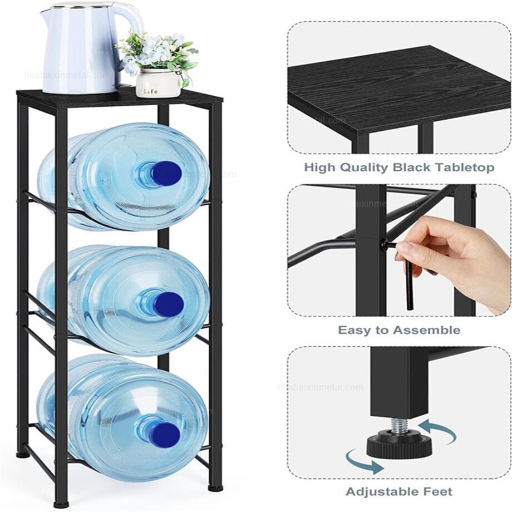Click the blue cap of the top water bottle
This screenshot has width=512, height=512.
click(x=165, y=173)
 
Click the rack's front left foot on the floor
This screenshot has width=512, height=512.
click(x=62, y=504)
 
